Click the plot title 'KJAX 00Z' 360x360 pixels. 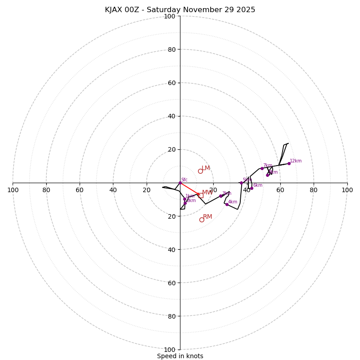[180, 10]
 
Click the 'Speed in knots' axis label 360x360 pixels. [180, 356]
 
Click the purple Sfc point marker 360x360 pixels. [180, 183]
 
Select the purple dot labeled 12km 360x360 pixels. [289, 163]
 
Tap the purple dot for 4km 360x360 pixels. [227, 204]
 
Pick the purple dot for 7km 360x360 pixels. [262, 168]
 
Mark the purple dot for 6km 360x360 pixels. [252, 188]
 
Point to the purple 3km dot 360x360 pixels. [220, 196]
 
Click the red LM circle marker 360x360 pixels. [200, 171]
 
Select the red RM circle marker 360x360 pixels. [202, 220]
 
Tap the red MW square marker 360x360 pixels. [200, 195]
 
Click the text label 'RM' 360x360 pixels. [207, 216]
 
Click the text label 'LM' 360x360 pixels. [206, 168]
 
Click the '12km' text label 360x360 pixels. [296, 161]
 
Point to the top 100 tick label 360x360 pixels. [170, 16]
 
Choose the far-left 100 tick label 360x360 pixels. [13, 190]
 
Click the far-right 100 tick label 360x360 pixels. [347, 190]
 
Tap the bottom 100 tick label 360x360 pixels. [170, 349]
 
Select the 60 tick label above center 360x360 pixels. [171, 83]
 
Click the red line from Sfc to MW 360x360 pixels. [189, 189]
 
